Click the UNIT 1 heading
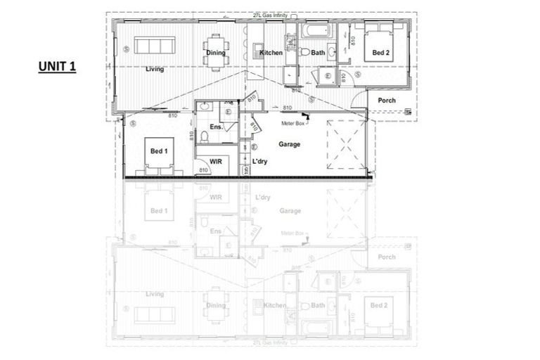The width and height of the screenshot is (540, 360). click(57, 67)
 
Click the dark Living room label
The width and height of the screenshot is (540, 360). click(155, 69)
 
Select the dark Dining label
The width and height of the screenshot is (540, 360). click(215, 53)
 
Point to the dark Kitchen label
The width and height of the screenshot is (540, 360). click(271, 53)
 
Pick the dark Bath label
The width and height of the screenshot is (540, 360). click(318, 53)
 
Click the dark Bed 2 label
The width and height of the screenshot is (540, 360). click(381, 53)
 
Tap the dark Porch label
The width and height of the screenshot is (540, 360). click(387, 101)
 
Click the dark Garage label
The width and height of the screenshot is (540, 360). click(289, 144)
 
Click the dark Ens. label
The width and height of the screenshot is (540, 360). click(216, 127)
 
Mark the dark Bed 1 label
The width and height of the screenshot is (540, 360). click(159, 150)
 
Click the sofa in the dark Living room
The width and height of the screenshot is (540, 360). click(154, 46)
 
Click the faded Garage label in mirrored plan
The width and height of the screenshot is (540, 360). click(290, 210)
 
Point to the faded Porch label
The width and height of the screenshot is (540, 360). click(387, 257)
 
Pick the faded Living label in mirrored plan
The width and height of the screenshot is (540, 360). click(155, 294)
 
